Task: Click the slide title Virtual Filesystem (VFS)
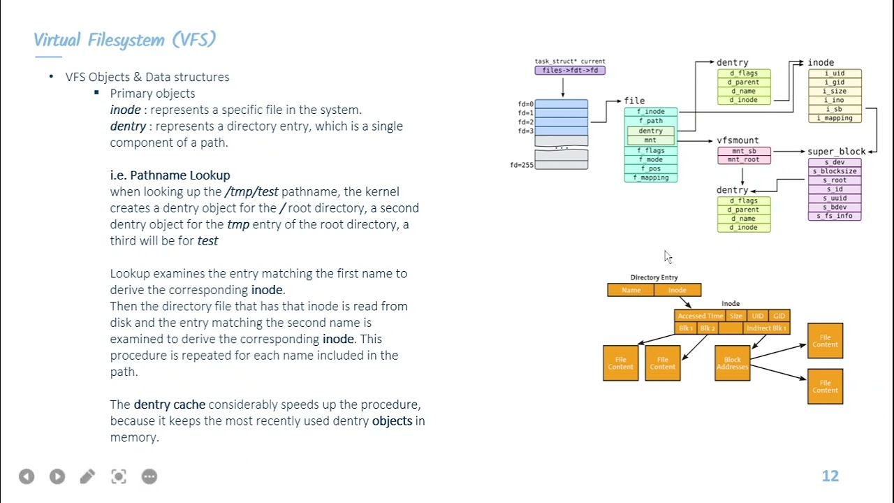(124, 40)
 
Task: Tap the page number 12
(830, 476)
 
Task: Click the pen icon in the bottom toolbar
(87, 476)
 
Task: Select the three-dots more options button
(149, 476)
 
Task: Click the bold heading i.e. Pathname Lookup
(170, 175)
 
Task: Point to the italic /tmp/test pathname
(251, 191)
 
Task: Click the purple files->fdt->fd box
(570, 70)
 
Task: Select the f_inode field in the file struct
(650, 112)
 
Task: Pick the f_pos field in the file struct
(650, 168)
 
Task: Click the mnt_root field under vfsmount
(743, 159)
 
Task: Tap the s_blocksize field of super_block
(835, 171)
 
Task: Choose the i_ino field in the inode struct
(834, 100)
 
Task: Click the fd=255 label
(522, 165)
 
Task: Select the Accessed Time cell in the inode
(700, 316)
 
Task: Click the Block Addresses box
(732, 363)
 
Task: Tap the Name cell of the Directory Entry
(631, 290)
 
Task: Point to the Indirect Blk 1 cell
(766, 328)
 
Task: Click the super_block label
(836, 152)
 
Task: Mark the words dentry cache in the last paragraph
(169, 404)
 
